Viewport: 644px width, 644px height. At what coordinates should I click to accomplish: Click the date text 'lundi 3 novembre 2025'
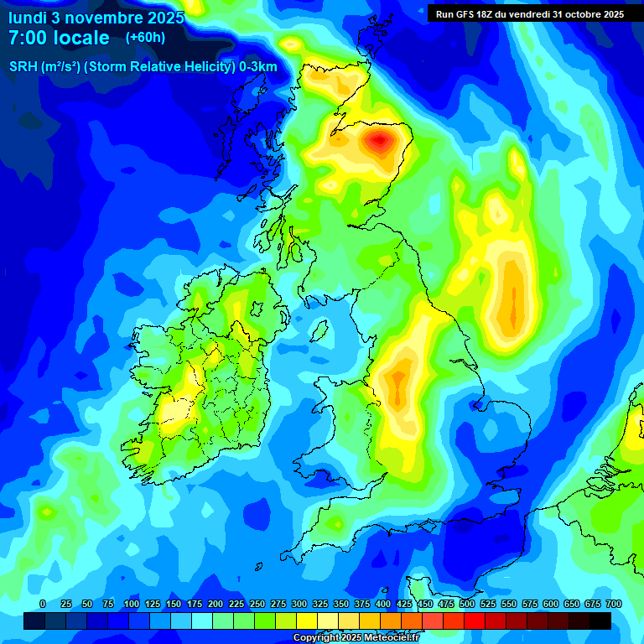(96, 16)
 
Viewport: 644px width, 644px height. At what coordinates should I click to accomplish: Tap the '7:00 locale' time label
(59, 38)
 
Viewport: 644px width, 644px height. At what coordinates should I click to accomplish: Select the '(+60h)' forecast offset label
(145, 38)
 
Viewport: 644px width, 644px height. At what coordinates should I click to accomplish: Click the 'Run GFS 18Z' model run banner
(529, 14)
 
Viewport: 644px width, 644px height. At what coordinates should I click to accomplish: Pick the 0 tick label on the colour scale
(43, 605)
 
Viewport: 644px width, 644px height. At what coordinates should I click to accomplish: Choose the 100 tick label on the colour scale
(131, 605)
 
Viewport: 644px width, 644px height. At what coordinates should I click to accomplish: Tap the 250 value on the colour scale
(257, 605)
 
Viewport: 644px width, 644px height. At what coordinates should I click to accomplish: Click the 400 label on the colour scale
(383, 605)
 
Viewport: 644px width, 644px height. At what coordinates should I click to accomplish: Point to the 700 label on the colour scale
(614, 605)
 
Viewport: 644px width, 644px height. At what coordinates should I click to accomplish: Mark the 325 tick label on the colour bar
(320, 605)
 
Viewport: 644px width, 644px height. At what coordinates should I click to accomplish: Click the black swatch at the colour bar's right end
(600, 621)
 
